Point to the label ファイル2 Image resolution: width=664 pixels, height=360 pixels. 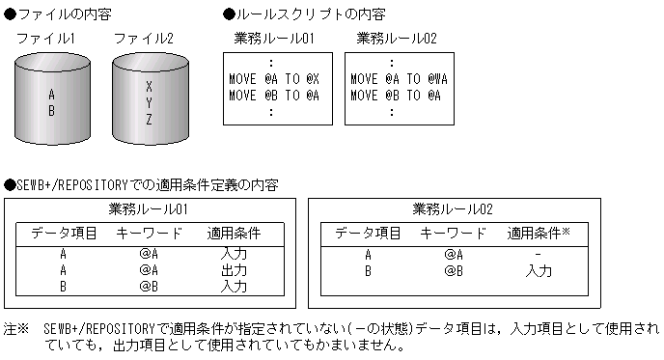(144, 39)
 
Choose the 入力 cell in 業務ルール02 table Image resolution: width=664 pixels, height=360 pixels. (539, 270)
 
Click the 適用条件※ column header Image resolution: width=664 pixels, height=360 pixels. (539, 233)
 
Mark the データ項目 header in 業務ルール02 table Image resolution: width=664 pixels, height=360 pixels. (368, 233)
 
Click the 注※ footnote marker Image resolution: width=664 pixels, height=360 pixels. (17, 328)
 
